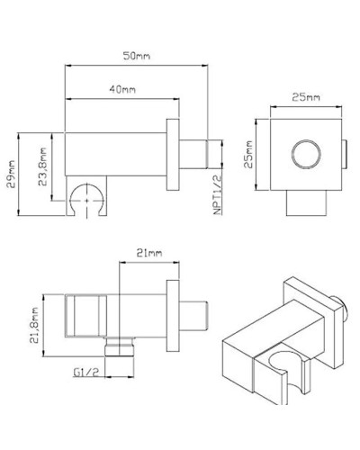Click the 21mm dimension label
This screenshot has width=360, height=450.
point(148,254)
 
